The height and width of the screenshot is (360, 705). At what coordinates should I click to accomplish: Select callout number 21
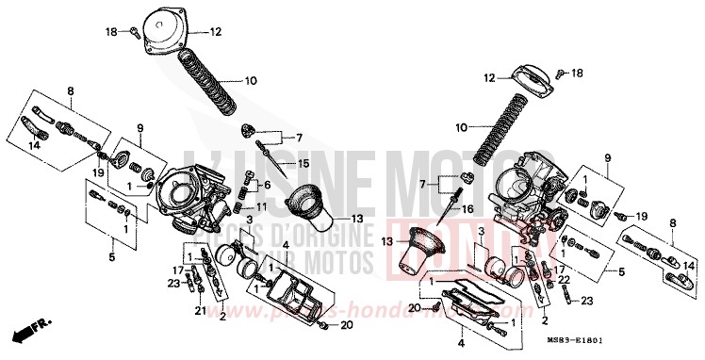200,310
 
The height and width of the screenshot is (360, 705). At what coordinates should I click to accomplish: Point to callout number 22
562,280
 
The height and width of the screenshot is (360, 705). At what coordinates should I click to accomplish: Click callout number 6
267,185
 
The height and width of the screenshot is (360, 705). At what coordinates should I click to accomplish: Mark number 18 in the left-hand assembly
109,32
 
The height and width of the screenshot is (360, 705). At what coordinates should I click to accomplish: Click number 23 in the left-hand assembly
173,282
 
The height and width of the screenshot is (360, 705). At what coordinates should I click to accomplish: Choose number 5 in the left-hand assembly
111,255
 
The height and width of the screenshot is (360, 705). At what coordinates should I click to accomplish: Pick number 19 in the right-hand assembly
641,216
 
